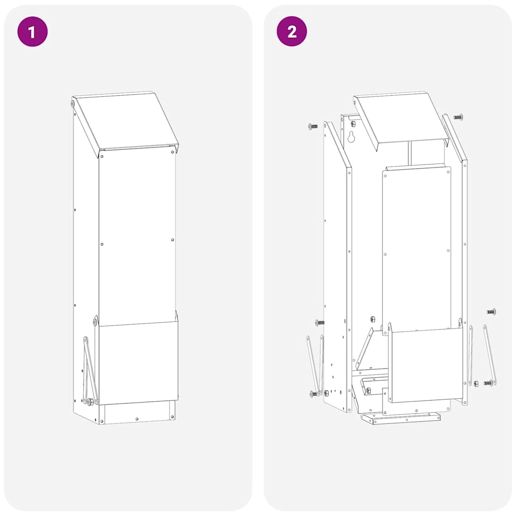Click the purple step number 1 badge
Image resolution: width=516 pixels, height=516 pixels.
point(33,32)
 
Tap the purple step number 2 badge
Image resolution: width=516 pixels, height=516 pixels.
point(292,32)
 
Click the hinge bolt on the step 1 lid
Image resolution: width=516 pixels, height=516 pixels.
point(73,103)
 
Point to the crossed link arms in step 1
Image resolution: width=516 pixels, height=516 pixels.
point(90,370)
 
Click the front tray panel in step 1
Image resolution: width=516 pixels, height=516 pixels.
point(138,363)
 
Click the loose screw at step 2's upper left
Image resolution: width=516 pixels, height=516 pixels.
point(312,126)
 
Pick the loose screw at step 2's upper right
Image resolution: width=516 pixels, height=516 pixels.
point(458,117)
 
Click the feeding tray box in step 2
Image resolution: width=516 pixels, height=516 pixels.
point(426,365)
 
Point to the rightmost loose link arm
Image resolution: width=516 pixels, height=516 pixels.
point(489,355)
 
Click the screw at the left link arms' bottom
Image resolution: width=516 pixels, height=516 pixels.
point(314,393)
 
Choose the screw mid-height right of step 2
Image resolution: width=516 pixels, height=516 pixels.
point(491,311)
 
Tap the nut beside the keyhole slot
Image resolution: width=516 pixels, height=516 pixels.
point(353,124)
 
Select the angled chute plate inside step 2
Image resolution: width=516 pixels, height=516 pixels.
point(364,348)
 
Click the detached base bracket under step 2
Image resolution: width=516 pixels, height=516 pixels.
point(401,418)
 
